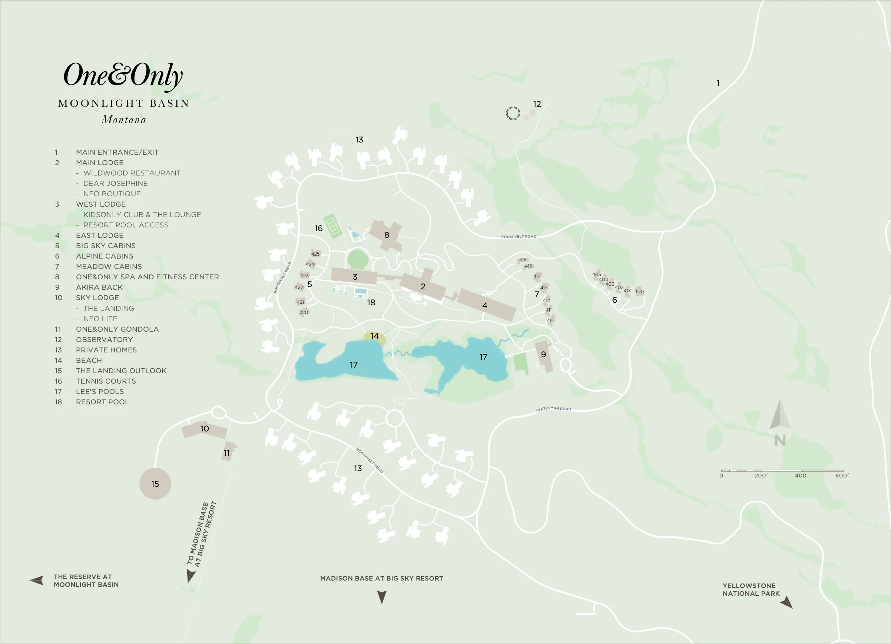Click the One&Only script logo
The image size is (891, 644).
[x=123, y=75]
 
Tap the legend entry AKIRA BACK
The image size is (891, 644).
[x=99, y=287]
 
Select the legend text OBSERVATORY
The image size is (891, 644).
[x=105, y=340]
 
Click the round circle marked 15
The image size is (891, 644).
[x=155, y=484]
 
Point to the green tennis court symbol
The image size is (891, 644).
[x=332, y=226]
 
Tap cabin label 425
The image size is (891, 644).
[x=315, y=254]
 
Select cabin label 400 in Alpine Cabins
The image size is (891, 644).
[x=639, y=291]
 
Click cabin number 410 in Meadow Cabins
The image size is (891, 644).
[x=551, y=320]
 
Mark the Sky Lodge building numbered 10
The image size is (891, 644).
[x=204, y=429]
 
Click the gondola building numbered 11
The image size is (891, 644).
[x=228, y=452]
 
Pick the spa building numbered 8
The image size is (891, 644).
[x=387, y=235]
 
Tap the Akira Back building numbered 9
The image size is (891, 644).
[x=544, y=355]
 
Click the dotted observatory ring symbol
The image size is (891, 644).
[x=513, y=113]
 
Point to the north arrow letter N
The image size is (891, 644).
[x=780, y=441]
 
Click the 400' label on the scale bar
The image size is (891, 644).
[x=801, y=476]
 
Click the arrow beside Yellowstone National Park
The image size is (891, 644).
[x=786, y=602]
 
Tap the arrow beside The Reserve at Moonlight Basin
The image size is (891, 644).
[x=37, y=580]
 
